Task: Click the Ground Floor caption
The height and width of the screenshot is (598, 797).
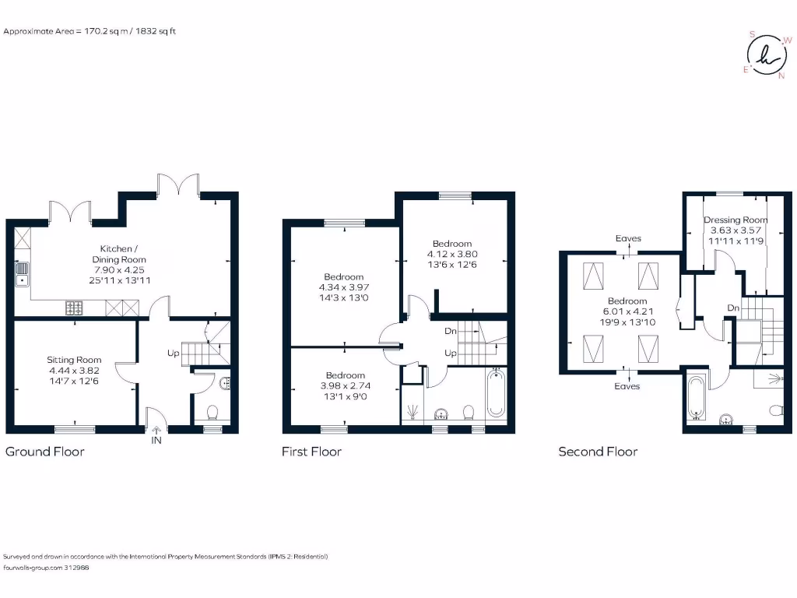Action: click(45, 452)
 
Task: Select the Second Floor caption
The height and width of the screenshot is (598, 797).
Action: click(598, 452)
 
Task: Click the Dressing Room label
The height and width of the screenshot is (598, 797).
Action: click(736, 220)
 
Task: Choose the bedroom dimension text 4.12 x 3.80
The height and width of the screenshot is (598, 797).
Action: click(452, 254)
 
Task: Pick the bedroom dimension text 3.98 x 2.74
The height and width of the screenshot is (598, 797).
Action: click(345, 385)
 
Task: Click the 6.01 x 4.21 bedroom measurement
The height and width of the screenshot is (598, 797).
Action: click(627, 311)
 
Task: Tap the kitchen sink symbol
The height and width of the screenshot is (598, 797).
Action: click(22, 273)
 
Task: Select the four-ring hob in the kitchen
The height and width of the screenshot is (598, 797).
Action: click(75, 308)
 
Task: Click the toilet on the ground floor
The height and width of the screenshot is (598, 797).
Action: click(212, 410)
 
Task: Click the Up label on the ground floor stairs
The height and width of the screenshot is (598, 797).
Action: click(174, 353)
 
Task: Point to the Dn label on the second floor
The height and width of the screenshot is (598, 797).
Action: click(732, 308)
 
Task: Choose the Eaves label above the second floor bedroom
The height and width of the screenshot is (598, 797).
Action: click(627, 239)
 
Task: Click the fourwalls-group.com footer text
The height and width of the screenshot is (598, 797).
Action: click(47, 568)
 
